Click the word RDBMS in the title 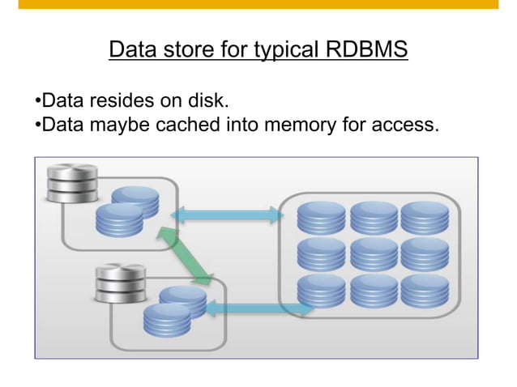366,51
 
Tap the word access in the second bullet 408,125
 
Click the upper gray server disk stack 72,183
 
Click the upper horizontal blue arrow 227,215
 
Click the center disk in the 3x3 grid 373,253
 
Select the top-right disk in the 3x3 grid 424,216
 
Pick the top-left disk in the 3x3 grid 321,216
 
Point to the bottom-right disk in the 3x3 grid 424,291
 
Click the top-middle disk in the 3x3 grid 373,216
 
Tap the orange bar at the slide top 258,4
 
